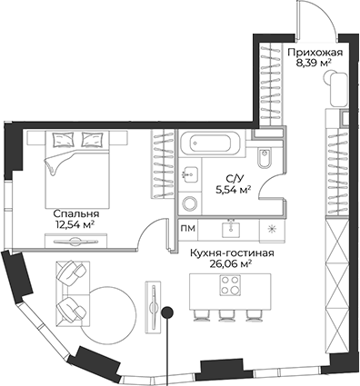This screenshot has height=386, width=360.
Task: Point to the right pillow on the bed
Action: click(x=93, y=139)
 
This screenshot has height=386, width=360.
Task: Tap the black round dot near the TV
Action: click(x=167, y=313)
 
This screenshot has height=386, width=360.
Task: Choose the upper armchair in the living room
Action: click(x=72, y=272)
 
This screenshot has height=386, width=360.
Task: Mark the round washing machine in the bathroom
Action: click(x=189, y=203)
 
